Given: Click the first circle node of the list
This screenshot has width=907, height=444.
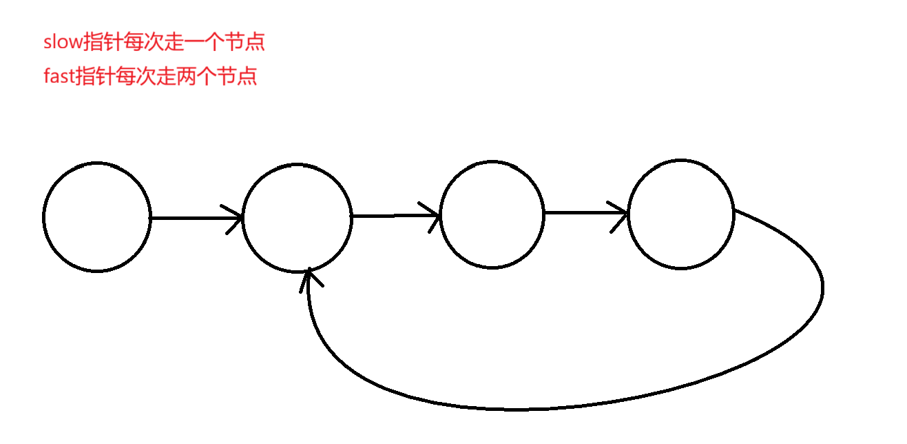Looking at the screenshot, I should (x=96, y=217).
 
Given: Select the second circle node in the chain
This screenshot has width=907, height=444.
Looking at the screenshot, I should (x=297, y=217).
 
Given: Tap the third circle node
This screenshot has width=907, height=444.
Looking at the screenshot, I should (x=492, y=214).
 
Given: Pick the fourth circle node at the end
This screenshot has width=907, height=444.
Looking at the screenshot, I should (x=681, y=214).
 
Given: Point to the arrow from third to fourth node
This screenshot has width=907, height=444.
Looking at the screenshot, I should (x=585, y=213).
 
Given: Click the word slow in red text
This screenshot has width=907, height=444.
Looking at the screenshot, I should (x=63, y=43).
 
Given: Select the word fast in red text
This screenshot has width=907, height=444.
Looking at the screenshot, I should (x=59, y=76).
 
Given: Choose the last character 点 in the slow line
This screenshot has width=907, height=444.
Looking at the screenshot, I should (x=255, y=43).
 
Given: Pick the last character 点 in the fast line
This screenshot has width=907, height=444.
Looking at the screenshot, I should (x=247, y=76).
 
